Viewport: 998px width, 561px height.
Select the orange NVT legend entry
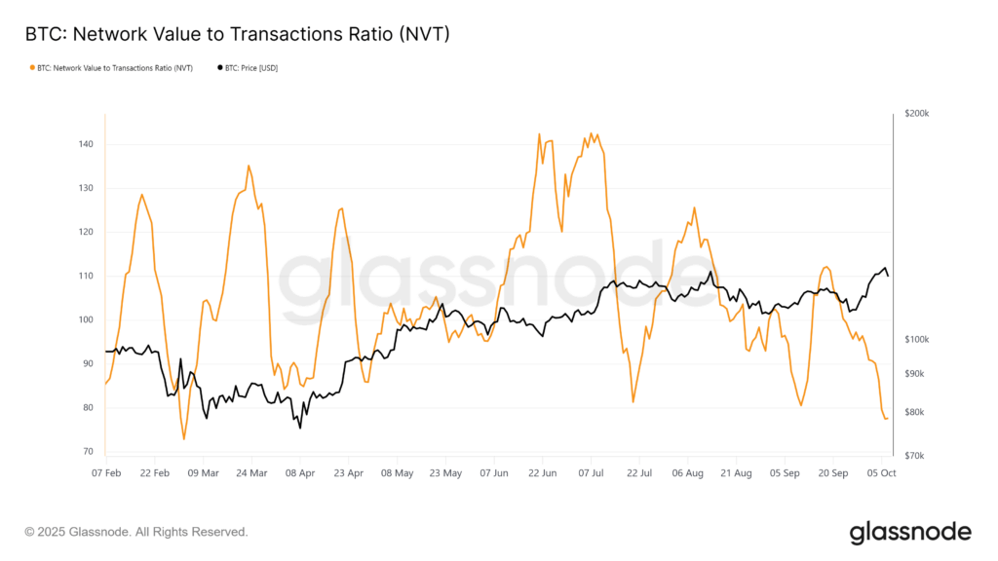(x=112, y=68)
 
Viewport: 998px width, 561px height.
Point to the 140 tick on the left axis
(x=86, y=144)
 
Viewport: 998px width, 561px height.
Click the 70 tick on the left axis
(x=88, y=452)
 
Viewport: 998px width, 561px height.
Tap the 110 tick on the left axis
(x=86, y=276)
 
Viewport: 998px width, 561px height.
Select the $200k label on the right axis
(x=917, y=114)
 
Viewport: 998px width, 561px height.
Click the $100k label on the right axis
(x=917, y=339)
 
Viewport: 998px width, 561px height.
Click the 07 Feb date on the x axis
(x=106, y=473)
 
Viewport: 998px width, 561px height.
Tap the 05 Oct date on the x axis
(x=881, y=473)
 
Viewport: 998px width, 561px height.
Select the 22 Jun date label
(x=542, y=473)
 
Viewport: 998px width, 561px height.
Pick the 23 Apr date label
(x=348, y=473)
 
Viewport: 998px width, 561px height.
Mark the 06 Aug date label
(x=688, y=473)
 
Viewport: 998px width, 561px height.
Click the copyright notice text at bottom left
(x=136, y=532)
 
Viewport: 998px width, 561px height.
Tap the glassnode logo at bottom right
(x=909, y=532)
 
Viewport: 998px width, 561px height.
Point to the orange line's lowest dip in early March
(x=183, y=439)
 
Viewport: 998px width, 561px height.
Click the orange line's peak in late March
(x=249, y=166)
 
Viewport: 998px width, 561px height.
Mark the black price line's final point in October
(x=888, y=276)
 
